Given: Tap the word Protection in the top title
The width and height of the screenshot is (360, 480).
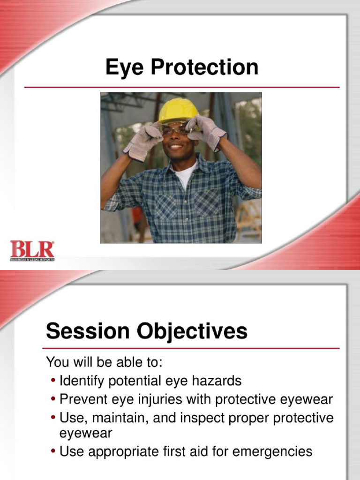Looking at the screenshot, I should (204, 67).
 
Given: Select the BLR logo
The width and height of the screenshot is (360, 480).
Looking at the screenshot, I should (32, 250).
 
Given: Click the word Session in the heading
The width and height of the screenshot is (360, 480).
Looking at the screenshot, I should (88, 332).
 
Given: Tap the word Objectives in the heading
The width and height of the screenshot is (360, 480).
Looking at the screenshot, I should (192, 332).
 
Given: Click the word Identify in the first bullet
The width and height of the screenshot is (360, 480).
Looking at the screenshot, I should (82, 380).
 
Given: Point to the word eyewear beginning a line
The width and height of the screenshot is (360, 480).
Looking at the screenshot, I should (86, 433).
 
